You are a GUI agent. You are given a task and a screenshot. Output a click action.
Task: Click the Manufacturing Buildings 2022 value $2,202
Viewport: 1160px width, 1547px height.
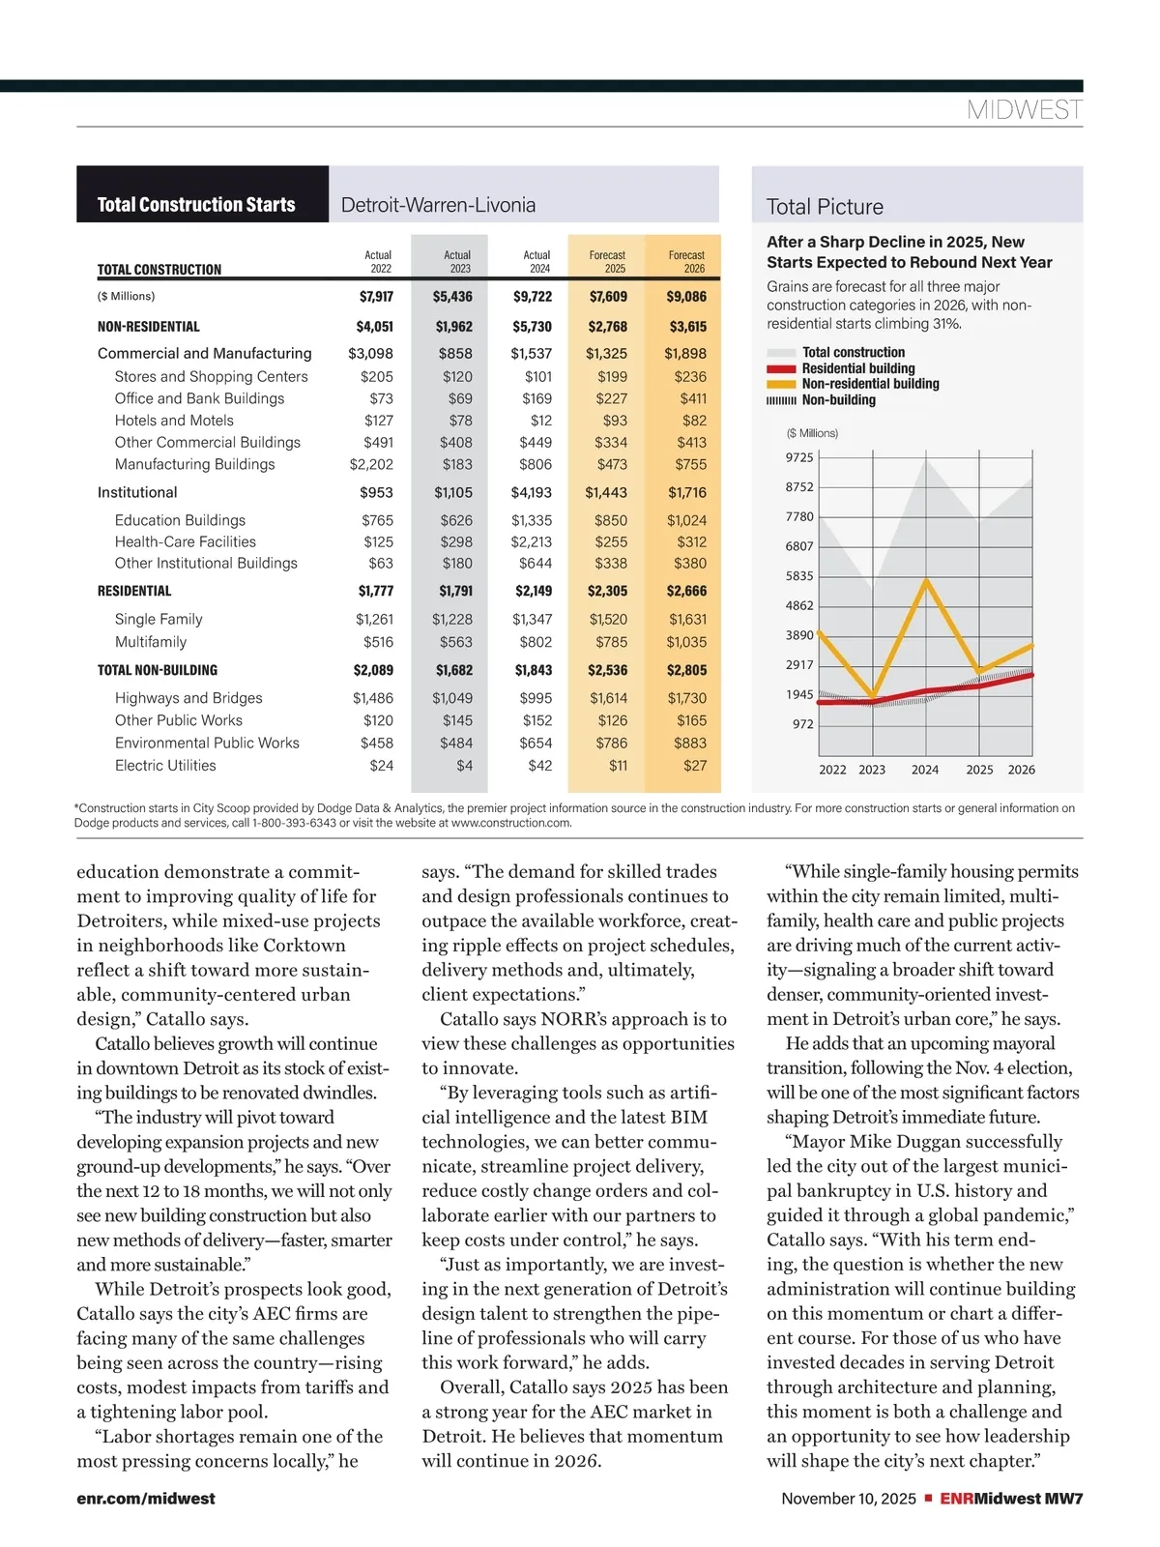click(371, 464)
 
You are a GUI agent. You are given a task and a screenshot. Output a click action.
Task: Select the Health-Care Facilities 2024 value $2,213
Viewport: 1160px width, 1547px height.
click(532, 542)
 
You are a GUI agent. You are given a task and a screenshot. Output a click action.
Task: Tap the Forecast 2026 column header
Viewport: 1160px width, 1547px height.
click(686, 262)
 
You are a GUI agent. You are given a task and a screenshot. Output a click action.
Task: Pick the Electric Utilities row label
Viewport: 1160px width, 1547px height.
click(165, 766)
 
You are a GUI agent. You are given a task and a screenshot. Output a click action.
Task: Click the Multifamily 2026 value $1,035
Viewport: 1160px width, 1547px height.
click(686, 642)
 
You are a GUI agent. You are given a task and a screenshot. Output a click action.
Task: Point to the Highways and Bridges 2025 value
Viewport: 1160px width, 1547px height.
click(608, 698)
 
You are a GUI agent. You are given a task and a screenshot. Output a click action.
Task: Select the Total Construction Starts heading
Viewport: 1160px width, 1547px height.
click(196, 205)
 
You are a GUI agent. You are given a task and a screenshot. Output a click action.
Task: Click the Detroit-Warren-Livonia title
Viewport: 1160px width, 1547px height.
click(438, 205)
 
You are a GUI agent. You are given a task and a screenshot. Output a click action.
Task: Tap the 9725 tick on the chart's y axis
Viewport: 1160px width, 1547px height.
click(799, 457)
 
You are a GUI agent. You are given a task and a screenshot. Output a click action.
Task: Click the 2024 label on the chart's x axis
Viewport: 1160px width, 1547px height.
click(925, 770)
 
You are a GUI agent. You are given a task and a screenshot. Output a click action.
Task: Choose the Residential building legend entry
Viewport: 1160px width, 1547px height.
click(857, 368)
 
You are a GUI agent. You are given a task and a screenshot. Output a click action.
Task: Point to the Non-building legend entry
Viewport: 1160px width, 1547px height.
click(838, 400)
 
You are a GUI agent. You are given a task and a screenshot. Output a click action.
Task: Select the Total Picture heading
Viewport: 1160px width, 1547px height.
click(825, 207)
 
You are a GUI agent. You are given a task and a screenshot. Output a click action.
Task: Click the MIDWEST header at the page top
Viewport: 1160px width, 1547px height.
click(1024, 110)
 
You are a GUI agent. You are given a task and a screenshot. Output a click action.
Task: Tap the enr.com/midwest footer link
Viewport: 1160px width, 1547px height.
click(146, 1499)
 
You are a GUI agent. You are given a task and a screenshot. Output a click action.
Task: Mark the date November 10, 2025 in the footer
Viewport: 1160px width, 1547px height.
click(848, 1499)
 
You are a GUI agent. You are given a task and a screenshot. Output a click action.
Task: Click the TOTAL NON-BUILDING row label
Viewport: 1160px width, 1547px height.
click(158, 670)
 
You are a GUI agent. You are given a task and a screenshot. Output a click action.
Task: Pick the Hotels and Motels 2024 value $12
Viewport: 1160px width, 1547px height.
click(541, 421)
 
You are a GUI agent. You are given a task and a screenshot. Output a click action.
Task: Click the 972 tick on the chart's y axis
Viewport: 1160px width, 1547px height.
click(802, 724)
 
